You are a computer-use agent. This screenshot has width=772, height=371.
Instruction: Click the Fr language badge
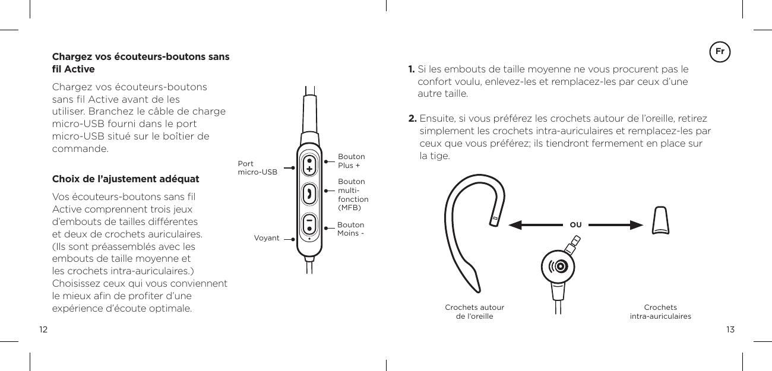pyautogui.click(x=720, y=52)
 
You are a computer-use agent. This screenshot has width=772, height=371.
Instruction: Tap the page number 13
pyautogui.click(x=730, y=329)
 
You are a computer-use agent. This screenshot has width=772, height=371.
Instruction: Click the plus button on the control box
pyautogui.click(x=309, y=166)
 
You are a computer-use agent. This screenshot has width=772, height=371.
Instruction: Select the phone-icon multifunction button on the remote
pyautogui.click(x=309, y=194)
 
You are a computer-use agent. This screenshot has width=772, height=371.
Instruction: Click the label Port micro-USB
pyautogui.click(x=257, y=168)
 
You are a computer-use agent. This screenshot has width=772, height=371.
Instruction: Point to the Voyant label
pyautogui.click(x=267, y=238)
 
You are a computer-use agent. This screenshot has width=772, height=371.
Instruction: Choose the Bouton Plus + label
pyautogui.click(x=351, y=161)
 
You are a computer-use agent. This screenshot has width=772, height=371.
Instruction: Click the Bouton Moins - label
pyautogui.click(x=350, y=229)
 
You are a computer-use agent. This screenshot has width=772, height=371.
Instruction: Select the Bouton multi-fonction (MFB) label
pyautogui.click(x=353, y=195)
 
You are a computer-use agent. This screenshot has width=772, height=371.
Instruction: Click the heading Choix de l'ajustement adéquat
pyautogui.click(x=126, y=179)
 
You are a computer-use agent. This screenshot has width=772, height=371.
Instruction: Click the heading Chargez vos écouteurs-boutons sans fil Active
pyautogui.click(x=141, y=63)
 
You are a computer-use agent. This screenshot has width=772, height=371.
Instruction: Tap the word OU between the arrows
pyautogui.click(x=575, y=225)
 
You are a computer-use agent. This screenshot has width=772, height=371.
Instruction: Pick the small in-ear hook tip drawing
pyautogui.click(x=662, y=220)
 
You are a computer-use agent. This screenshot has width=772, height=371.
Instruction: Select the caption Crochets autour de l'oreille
pyautogui.click(x=474, y=312)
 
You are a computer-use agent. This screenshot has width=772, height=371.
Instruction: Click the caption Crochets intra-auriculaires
pyautogui.click(x=660, y=312)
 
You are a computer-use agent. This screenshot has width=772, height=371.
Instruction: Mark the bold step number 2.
pyautogui.click(x=412, y=118)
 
